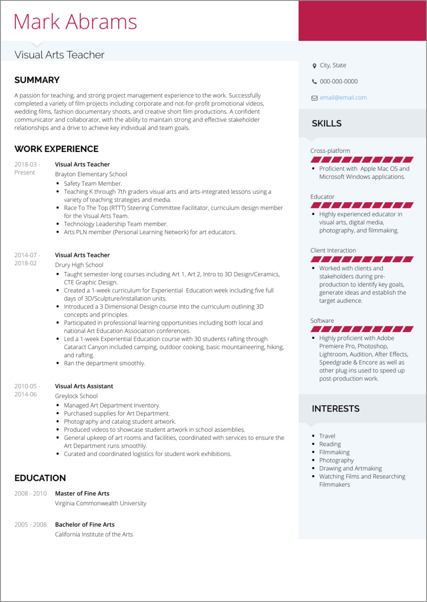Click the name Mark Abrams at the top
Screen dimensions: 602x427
click(75, 22)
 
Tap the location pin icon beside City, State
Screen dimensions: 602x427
click(314, 66)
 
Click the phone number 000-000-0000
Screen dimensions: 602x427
click(338, 82)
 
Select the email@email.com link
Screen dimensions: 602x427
click(343, 98)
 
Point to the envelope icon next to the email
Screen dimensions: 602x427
click(314, 98)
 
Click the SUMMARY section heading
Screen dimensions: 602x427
click(37, 80)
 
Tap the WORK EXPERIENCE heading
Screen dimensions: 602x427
click(56, 149)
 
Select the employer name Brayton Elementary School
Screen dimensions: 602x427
click(91, 174)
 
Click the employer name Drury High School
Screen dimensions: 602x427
click(79, 265)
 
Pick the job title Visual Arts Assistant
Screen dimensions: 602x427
click(84, 386)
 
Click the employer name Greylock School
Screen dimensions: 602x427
click(76, 396)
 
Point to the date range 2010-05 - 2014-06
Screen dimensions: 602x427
click(27, 390)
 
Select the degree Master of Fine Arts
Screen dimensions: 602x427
click(82, 494)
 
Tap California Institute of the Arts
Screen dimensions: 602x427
click(94, 534)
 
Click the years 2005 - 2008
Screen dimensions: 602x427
click(30, 524)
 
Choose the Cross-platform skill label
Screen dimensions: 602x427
click(330, 151)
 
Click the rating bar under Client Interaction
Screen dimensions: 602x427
click(362, 259)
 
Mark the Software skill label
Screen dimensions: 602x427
click(322, 321)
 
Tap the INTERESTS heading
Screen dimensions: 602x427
click(336, 409)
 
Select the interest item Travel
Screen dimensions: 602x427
click(327, 436)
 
